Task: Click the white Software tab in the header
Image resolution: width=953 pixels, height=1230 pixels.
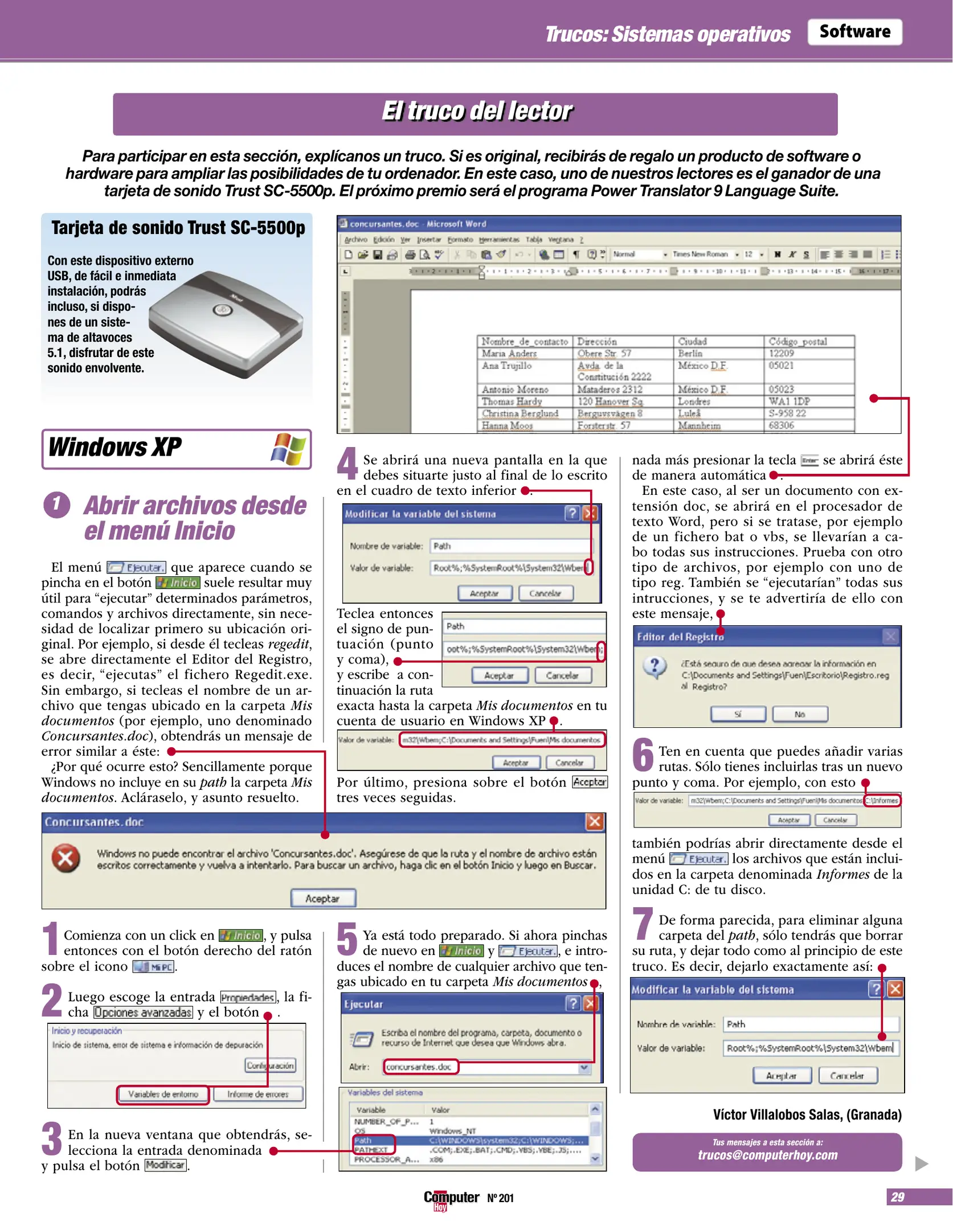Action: click(854, 32)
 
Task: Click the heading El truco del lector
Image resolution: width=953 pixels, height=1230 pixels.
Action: click(475, 112)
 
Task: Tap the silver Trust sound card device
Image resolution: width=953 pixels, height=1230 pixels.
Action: click(228, 322)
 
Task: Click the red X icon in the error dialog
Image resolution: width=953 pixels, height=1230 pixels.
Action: click(66, 858)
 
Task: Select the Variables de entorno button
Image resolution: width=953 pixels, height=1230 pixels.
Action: click(163, 1094)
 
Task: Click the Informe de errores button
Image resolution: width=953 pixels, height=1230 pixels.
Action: click(257, 1094)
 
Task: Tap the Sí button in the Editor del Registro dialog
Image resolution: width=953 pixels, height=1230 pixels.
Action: click(738, 714)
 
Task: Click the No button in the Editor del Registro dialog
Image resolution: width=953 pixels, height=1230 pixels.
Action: click(799, 714)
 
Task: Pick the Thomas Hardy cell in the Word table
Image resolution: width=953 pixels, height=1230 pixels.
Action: click(511, 401)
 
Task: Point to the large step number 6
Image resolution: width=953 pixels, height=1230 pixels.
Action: click(643, 755)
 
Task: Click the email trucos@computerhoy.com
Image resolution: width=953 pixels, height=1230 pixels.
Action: click(767, 1155)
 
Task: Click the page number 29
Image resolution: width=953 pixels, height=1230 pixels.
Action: click(897, 1197)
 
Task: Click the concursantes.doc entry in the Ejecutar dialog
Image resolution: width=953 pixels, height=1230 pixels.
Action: click(419, 1067)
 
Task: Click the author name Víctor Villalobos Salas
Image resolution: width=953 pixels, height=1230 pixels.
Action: click(807, 1114)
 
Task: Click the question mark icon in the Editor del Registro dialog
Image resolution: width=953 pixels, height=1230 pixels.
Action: click(655, 666)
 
